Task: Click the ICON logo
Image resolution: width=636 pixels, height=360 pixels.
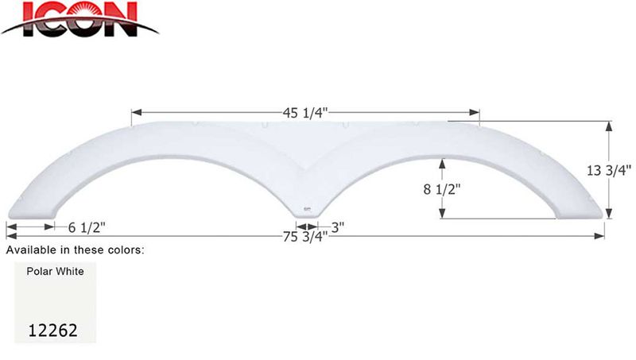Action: pyautogui.click(x=79, y=20)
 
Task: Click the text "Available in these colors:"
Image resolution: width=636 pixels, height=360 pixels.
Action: pyautogui.click(x=76, y=250)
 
